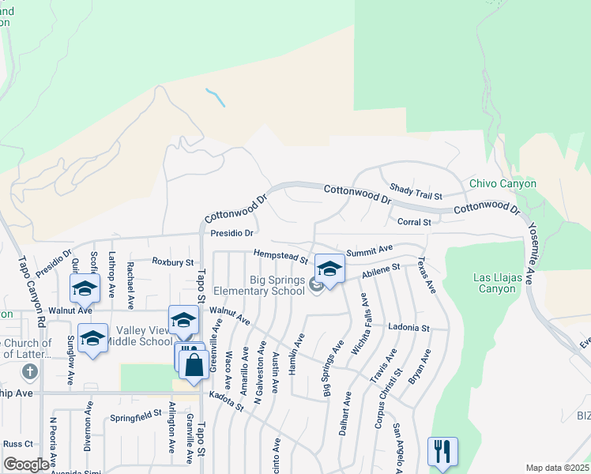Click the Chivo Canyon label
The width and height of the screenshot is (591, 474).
[x=503, y=184]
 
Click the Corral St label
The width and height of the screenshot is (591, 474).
[x=413, y=223]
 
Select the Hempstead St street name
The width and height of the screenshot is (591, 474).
[x=280, y=255]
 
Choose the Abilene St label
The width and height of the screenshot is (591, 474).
[x=382, y=271]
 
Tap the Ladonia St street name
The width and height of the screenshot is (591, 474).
[x=408, y=327]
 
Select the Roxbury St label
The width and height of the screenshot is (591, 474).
[x=172, y=261]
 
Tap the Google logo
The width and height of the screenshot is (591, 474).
[x=26, y=465]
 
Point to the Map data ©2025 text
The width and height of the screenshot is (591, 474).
[x=557, y=468]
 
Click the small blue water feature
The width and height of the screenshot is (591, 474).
[x=215, y=97]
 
